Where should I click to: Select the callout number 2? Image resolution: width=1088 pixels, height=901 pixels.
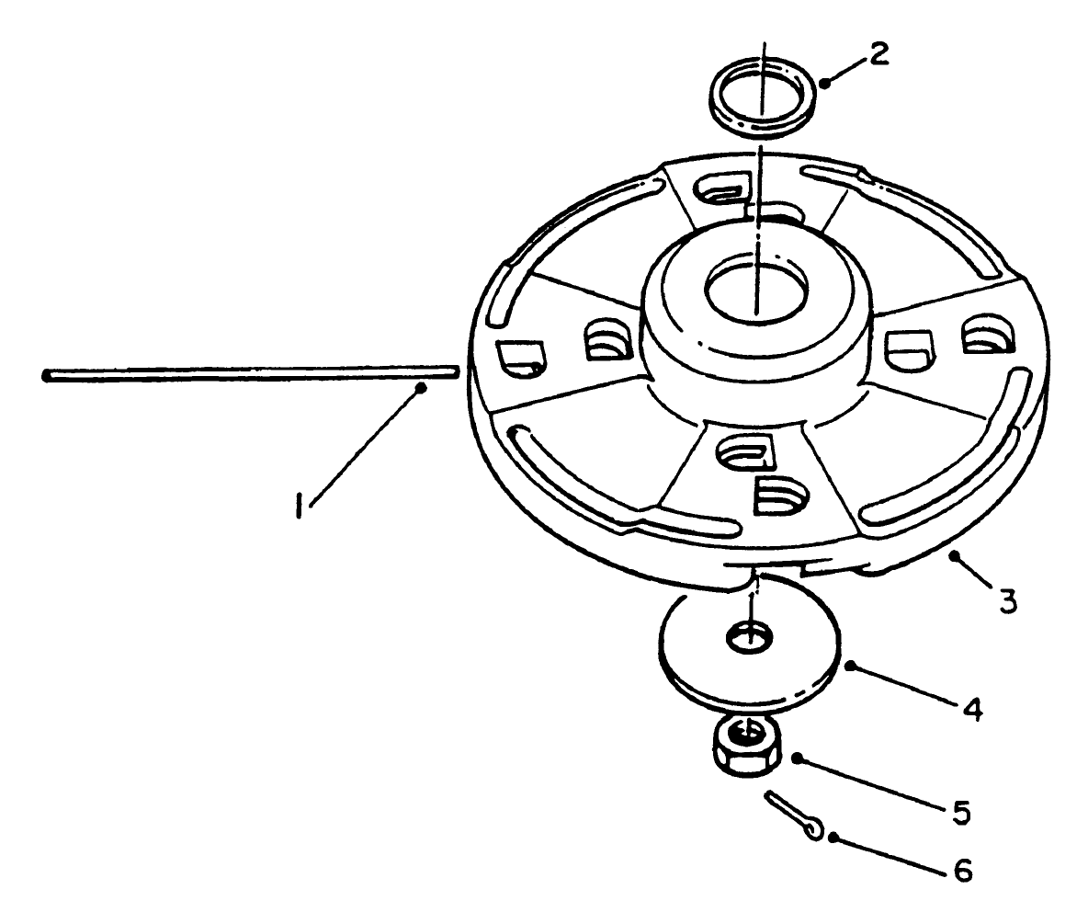[878, 54]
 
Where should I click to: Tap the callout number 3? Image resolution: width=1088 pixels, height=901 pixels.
[1008, 602]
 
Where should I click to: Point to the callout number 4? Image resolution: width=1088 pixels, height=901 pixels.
[972, 709]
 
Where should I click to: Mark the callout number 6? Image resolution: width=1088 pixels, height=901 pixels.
[961, 869]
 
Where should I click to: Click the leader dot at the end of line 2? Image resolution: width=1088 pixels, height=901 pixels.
[824, 83]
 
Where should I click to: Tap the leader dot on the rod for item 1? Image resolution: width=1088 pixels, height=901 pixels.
[421, 388]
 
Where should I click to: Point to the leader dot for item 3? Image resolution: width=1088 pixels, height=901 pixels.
[956, 555]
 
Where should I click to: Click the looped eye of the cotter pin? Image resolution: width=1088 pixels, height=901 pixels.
[813, 830]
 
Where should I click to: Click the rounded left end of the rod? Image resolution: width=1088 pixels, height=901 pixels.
[46, 374]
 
